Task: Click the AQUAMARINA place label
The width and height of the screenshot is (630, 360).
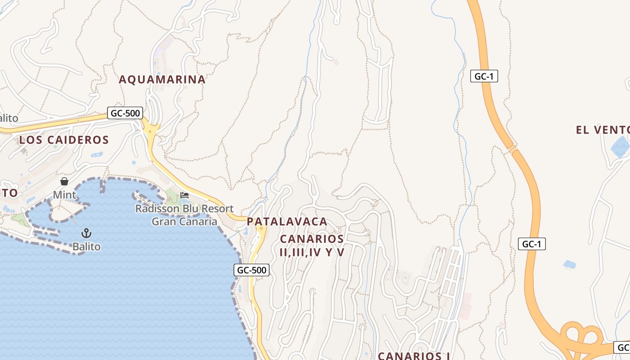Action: pos(162,80)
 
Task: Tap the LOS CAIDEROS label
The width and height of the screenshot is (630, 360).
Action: pos(64,140)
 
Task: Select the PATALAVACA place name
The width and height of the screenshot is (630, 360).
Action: pos(287,222)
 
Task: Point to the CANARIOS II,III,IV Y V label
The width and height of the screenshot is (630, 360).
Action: pos(312,245)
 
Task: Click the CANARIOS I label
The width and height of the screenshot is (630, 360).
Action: pos(414,356)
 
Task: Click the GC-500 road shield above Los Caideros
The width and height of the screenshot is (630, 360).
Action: pos(125,113)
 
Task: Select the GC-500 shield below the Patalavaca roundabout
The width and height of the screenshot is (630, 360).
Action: pos(252,270)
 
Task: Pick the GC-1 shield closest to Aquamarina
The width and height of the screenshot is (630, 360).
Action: pos(484,76)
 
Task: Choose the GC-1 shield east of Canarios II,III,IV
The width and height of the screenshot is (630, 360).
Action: pos(531,244)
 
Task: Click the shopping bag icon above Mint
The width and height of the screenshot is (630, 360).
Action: pos(64,181)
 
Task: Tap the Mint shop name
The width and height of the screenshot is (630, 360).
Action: pos(64,195)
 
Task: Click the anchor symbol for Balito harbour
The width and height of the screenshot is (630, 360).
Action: pos(86,233)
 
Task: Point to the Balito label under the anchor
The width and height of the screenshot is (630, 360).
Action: pos(86,247)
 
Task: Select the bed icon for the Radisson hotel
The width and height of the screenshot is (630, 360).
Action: pos(184,195)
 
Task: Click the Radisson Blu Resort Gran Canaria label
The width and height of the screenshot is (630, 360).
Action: pos(184,215)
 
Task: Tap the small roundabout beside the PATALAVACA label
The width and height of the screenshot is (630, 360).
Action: pos(261,229)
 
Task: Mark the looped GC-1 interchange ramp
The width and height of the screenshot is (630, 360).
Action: pos(580,335)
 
